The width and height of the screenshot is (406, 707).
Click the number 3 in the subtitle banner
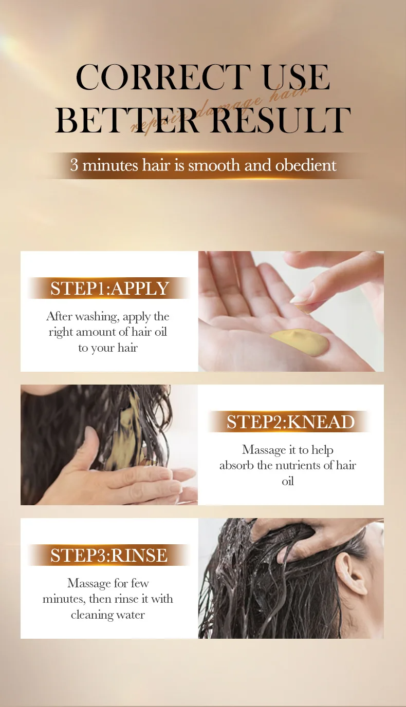74,165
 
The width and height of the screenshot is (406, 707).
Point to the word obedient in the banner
306,165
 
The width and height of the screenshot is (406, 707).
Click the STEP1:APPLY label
109,289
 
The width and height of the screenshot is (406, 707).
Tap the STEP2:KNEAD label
290,422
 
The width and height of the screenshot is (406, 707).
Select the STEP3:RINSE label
109,556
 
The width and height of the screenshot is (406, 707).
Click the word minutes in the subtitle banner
110,165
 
